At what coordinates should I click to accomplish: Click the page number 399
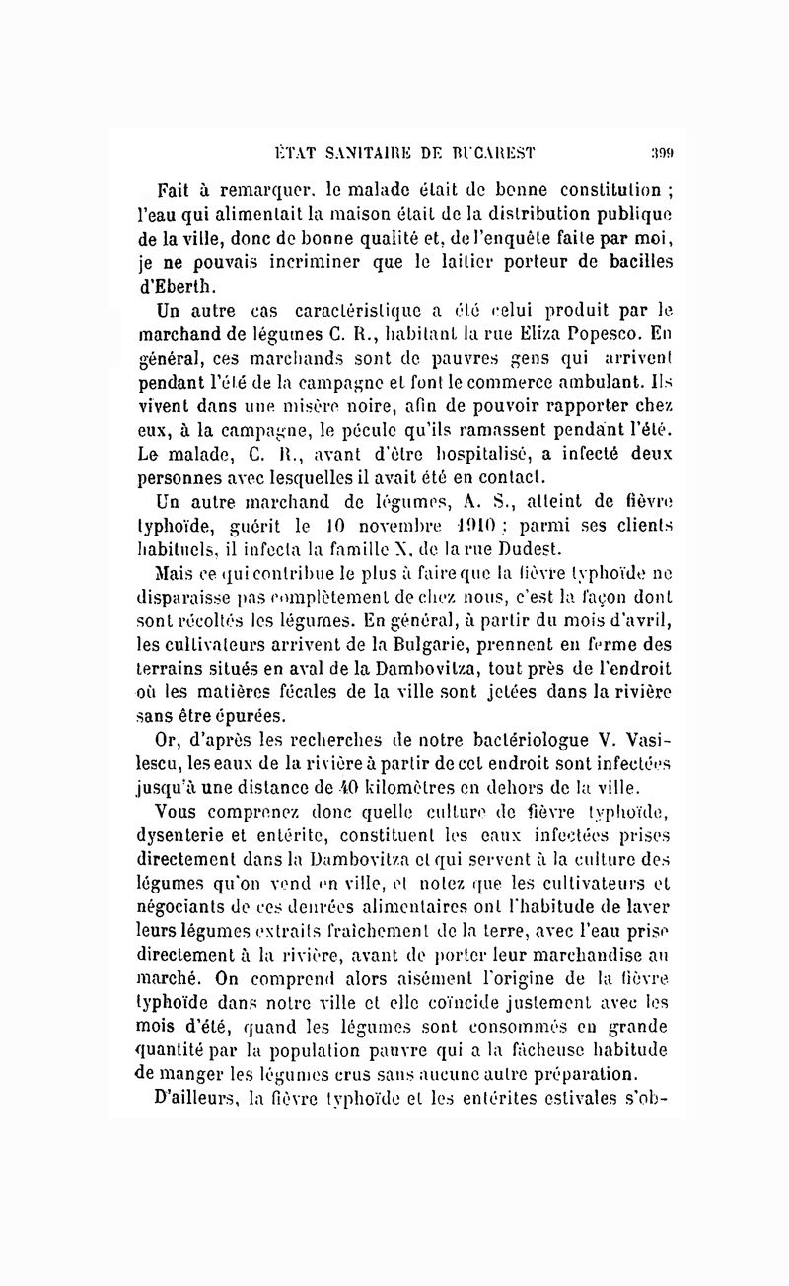click(660, 152)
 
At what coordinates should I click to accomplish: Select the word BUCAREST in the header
click(493, 152)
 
